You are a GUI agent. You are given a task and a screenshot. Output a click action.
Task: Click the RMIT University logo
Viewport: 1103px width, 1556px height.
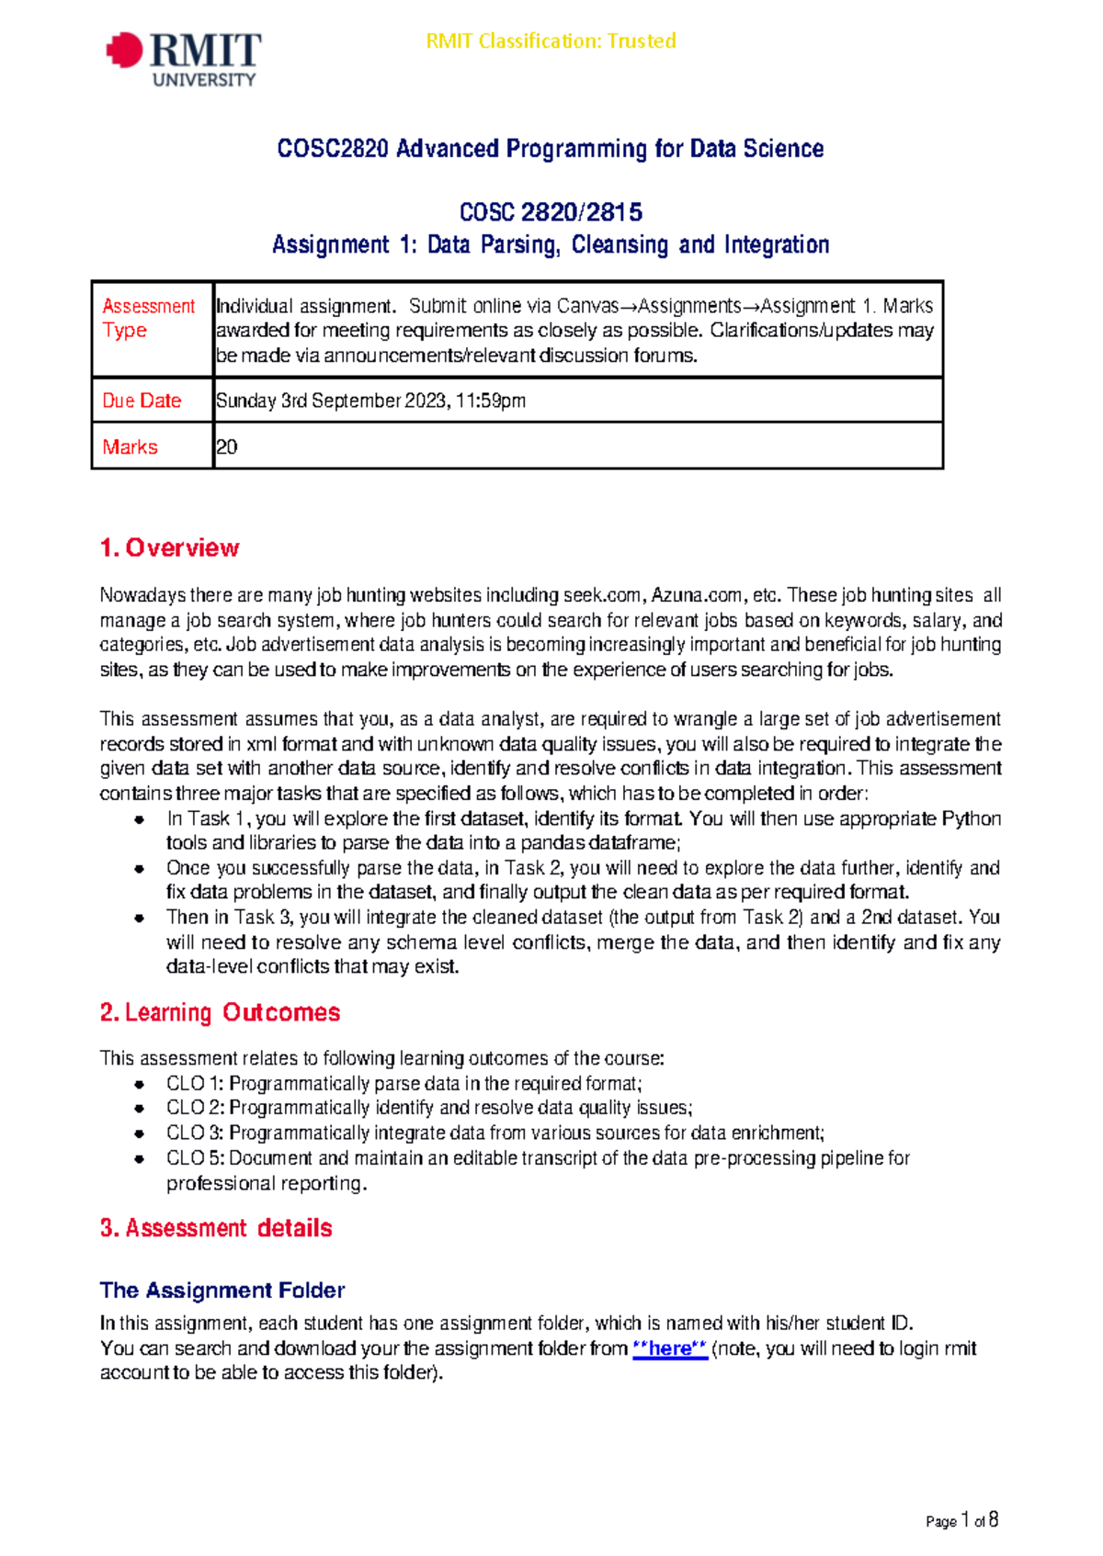coord(184,59)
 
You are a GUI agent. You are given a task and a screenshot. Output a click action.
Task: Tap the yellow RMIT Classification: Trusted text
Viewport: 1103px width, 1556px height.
coord(551,41)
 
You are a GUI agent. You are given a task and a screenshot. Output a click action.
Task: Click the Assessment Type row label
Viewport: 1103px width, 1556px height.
coord(148,318)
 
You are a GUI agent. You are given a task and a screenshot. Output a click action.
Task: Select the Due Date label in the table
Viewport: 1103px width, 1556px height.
coord(142,400)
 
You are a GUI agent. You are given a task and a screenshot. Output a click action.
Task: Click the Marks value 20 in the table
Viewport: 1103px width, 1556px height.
coord(226,447)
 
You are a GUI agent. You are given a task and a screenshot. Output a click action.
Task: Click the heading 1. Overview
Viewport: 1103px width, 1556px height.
coord(169,548)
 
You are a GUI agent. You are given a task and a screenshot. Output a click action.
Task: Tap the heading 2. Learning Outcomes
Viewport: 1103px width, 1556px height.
coord(220,1012)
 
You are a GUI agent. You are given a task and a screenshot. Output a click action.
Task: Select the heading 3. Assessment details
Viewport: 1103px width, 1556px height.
coord(216,1228)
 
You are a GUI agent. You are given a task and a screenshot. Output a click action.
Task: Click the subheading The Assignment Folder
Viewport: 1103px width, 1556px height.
coord(222,1291)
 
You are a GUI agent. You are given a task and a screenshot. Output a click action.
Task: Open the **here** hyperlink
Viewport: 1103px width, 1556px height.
coord(670,1348)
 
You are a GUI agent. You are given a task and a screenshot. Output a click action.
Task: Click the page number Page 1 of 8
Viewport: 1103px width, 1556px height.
coord(961,1520)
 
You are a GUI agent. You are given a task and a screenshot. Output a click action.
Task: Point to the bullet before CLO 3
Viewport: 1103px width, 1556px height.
coord(139,1133)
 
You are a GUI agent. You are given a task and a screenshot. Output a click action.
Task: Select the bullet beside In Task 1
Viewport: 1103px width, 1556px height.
coord(139,819)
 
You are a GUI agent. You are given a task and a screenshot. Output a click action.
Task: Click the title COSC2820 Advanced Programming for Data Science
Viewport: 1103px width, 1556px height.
coord(550,149)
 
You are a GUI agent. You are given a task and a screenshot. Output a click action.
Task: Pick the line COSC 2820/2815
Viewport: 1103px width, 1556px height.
coord(550,213)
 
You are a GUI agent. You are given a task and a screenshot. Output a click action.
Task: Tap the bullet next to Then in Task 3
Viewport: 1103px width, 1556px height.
coord(139,918)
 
